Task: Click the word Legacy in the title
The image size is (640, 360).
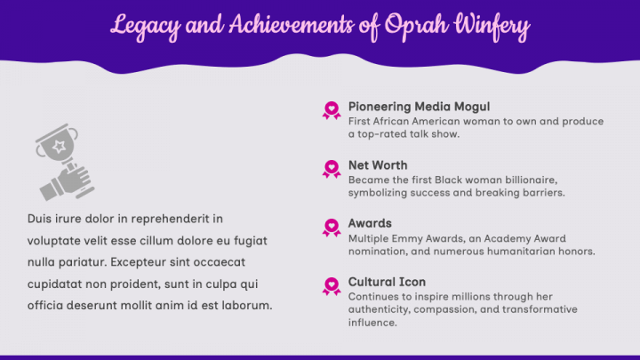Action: click(x=142, y=27)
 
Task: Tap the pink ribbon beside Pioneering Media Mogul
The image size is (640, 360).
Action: click(x=332, y=110)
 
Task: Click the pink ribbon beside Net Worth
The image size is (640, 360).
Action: click(x=332, y=168)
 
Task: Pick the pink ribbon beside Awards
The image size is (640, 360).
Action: click(x=332, y=227)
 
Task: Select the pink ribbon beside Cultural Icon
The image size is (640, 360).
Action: click(x=332, y=285)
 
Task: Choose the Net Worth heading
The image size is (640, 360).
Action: click(x=378, y=165)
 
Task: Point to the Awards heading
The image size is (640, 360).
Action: click(x=370, y=223)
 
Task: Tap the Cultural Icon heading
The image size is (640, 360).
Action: click(x=387, y=282)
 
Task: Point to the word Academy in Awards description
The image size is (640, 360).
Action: click(x=514, y=238)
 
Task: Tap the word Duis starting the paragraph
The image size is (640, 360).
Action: click(x=40, y=218)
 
